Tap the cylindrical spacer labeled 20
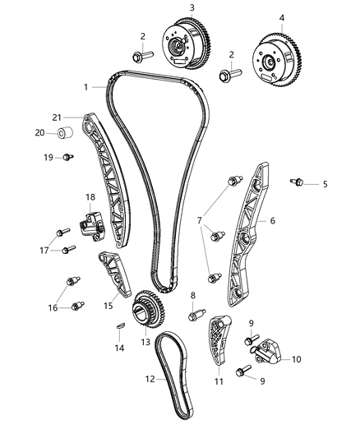(67, 133)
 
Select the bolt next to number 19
(66, 157)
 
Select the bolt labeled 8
(196, 313)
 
